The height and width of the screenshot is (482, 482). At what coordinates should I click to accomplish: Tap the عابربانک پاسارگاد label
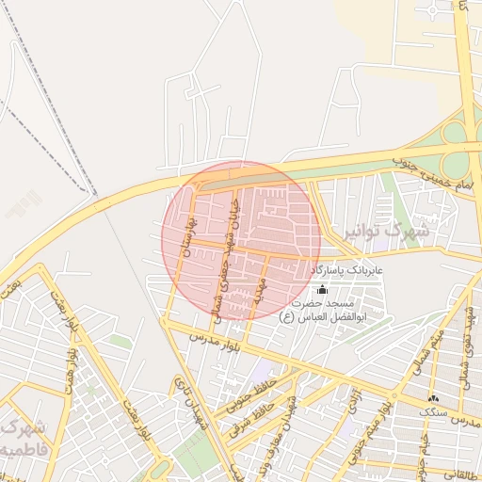(347, 271)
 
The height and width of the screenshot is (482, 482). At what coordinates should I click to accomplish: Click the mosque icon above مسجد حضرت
(323, 289)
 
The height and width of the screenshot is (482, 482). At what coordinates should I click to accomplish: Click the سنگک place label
(434, 411)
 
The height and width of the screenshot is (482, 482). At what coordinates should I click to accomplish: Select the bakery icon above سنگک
(434, 399)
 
